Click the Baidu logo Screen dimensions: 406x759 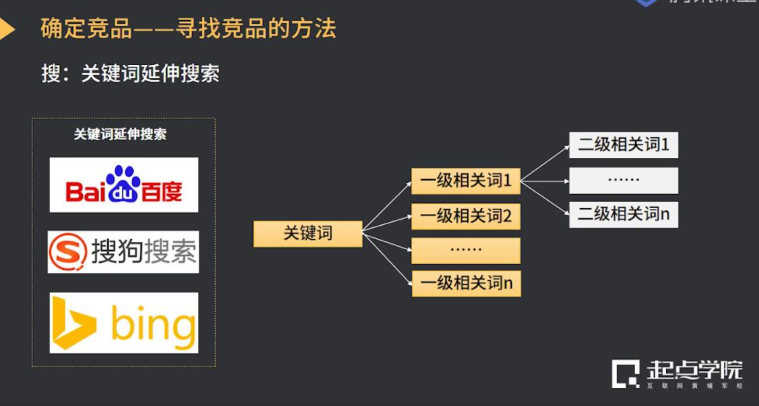click(124, 185)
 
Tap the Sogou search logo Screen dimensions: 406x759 click(123, 252)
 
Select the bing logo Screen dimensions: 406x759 click(124, 323)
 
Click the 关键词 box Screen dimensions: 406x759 click(308, 234)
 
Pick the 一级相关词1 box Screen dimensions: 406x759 click(466, 181)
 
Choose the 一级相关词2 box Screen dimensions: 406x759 click(466, 216)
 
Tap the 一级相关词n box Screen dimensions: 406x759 click(466, 283)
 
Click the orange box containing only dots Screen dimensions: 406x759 click(466, 250)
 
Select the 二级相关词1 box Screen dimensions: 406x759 click(623, 145)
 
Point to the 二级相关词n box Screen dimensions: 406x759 click(623, 214)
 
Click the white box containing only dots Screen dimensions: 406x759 click(623, 180)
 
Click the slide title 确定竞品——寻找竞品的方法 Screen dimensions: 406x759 click(189, 28)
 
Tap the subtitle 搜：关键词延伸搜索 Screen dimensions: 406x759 click(131, 74)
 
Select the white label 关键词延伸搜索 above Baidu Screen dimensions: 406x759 click(120, 135)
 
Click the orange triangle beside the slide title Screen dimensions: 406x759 click(6, 29)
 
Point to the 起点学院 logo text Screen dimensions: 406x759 click(694, 370)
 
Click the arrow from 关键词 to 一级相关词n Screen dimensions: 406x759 click(388, 258)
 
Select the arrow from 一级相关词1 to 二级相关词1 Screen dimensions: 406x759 click(545, 163)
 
